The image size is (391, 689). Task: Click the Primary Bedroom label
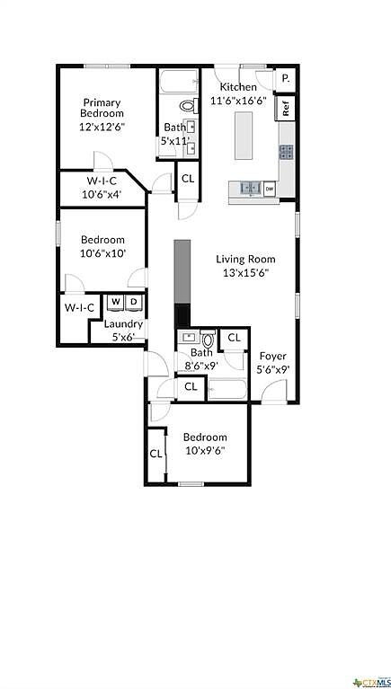[x=102, y=114]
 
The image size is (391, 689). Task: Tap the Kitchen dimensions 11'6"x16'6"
[x=232, y=101]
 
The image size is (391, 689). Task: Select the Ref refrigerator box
[x=285, y=109]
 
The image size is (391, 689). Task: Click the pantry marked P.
[x=285, y=79]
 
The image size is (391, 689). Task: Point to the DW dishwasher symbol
[x=269, y=189]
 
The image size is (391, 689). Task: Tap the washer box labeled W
[x=116, y=302]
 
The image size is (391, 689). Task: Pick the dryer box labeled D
[x=133, y=302]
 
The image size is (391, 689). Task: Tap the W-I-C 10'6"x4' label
[x=101, y=187]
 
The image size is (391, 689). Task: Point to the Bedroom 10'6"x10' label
[x=102, y=246]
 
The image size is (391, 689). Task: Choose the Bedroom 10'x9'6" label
[x=205, y=444]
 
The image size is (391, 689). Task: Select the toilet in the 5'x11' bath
[x=188, y=106]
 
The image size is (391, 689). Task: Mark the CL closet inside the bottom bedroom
[x=156, y=454]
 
